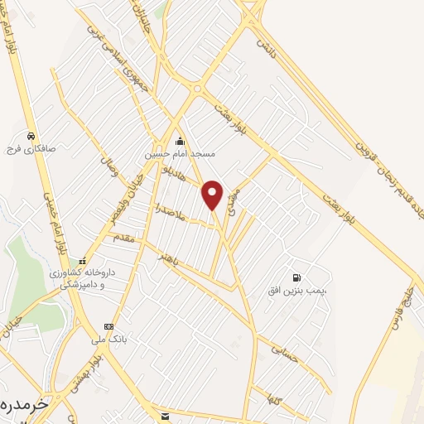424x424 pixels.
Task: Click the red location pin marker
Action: tap(213, 194)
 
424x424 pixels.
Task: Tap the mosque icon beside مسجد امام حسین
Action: tap(181, 142)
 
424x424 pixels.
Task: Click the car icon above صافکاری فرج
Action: tap(31, 135)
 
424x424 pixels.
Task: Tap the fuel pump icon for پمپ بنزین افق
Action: tap(296, 277)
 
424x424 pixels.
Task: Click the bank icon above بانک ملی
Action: tap(108, 325)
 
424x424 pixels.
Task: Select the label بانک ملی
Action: tap(108, 339)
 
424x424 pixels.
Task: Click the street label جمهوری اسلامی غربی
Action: tap(116, 51)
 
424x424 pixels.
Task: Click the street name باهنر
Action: tap(171, 264)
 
